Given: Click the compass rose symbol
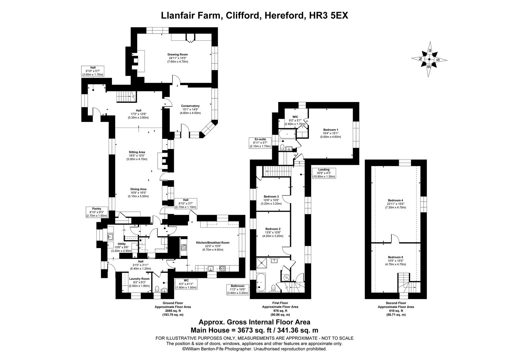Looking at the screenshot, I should click(x=429, y=60).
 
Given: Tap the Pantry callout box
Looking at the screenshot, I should click(x=97, y=212).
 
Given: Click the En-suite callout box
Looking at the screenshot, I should click(x=261, y=142).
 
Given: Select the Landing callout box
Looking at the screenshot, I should click(x=323, y=173).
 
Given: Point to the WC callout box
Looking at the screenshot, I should click(x=186, y=284).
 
